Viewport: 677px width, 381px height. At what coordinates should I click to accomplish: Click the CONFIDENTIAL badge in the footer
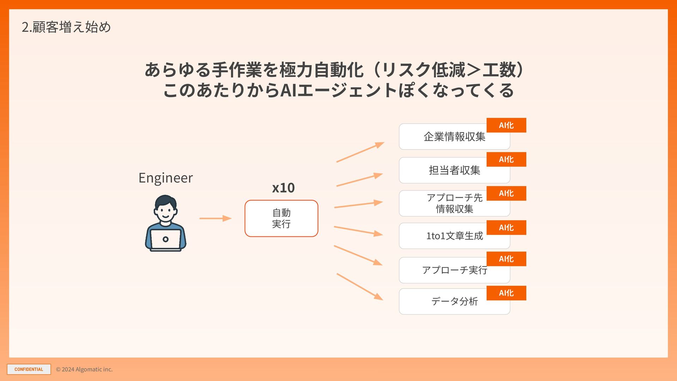coord(29,369)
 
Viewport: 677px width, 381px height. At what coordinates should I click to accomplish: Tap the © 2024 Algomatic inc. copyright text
coord(84,369)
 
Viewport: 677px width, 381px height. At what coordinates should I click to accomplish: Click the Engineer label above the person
coord(165,178)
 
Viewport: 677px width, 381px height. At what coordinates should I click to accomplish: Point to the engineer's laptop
coord(165,240)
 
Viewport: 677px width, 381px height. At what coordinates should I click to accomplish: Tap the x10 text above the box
coord(283,188)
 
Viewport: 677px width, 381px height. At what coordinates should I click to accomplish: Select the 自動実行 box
coord(281,218)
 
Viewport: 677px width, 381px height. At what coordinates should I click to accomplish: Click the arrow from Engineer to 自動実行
coord(215,218)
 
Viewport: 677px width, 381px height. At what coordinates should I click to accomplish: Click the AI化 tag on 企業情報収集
coord(506,125)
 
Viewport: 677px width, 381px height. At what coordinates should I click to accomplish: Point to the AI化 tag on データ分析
coord(506,293)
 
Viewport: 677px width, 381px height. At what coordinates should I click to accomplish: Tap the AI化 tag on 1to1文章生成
coord(506,228)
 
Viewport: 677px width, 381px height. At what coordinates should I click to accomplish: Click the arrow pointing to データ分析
coord(360,287)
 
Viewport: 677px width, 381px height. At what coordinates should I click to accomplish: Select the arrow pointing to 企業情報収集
coord(360,152)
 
